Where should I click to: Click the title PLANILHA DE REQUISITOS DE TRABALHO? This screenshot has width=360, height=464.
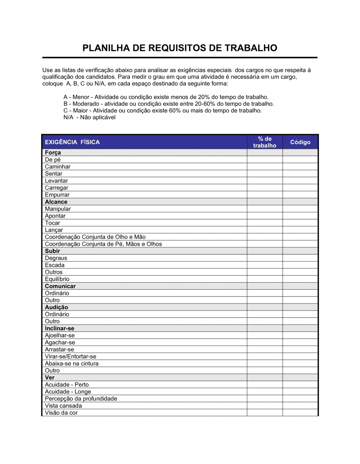tap(180, 48)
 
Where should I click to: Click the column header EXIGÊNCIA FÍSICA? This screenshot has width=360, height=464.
tap(72, 142)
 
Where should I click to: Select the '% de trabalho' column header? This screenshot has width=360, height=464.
tap(265, 142)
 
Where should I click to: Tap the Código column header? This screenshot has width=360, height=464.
tap(300, 142)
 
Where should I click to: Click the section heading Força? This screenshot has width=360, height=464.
tap(53, 153)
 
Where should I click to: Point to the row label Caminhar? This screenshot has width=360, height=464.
tap(58, 167)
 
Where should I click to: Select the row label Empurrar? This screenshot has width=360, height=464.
tap(57, 195)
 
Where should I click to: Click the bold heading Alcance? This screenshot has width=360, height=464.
tap(56, 202)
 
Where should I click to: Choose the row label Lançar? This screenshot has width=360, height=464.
tap(54, 230)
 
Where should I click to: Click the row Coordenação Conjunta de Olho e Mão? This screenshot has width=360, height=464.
tap(95, 237)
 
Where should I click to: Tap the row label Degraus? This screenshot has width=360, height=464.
tap(56, 258)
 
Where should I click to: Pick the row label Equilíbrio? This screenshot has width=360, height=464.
tap(57, 279)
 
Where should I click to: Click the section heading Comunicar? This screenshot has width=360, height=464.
tap(60, 286)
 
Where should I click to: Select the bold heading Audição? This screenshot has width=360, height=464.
tap(57, 307)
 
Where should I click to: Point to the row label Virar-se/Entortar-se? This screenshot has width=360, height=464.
tap(71, 356)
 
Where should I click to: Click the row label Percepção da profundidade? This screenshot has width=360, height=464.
tap(81, 399)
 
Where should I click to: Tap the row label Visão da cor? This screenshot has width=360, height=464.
tap(61, 413)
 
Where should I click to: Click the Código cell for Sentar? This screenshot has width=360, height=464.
tap(300, 174)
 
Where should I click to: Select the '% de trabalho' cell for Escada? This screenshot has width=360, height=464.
tap(265, 265)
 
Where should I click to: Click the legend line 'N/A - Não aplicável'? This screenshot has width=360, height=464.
tap(90, 117)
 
